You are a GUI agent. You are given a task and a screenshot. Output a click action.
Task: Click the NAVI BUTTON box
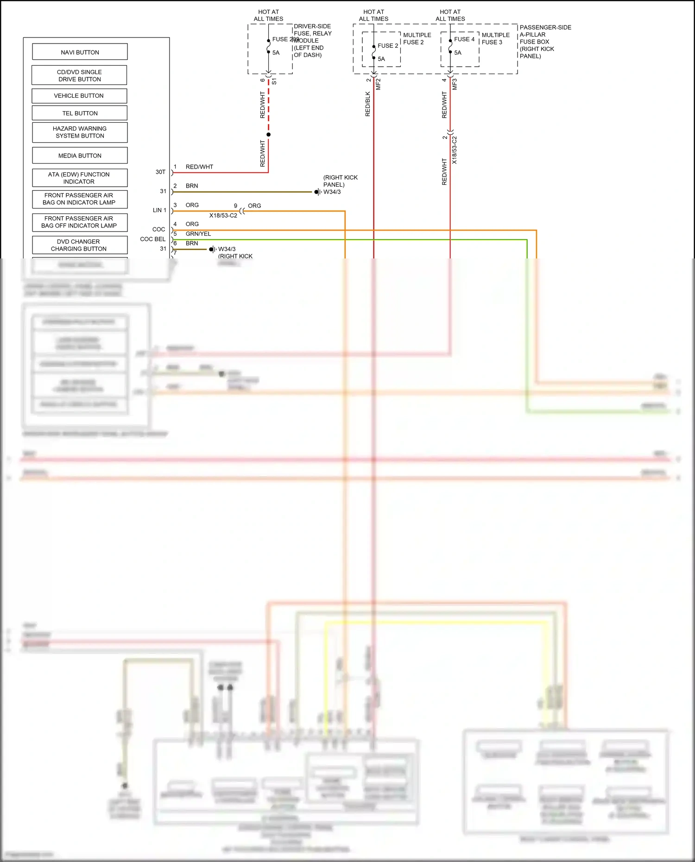80,52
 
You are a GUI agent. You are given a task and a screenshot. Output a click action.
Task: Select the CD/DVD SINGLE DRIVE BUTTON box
79,76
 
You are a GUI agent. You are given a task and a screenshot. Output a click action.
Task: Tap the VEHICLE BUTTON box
79,96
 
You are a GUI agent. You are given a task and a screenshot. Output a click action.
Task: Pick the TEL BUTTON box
80,113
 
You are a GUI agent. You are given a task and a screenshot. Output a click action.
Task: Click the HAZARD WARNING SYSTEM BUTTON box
80,132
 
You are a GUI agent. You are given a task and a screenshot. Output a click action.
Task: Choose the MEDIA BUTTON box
80,156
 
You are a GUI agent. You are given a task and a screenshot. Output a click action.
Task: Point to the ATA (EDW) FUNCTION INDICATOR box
79,178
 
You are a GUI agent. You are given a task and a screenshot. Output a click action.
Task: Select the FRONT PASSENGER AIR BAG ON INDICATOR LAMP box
79,199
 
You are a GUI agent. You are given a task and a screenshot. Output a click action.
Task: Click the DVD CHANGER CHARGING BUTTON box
79,245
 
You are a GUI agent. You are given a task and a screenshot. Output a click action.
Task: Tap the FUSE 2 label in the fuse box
388,45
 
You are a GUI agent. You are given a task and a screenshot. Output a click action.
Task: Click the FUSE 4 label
464,39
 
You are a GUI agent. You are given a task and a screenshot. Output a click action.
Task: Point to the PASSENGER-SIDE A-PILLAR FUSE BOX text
545,42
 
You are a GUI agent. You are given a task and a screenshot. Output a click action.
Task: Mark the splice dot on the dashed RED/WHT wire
268,134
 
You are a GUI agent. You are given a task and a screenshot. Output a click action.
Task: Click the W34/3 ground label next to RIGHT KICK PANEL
332,192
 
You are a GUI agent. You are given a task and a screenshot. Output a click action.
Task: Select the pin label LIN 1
159,210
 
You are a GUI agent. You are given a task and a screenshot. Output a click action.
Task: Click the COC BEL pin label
152,239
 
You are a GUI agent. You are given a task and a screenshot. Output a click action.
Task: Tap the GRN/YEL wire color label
198,234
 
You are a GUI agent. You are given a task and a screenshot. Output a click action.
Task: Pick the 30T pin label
160,172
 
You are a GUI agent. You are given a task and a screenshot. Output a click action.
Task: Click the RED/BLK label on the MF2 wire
368,104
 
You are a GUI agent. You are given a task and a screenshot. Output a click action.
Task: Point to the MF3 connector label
455,84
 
